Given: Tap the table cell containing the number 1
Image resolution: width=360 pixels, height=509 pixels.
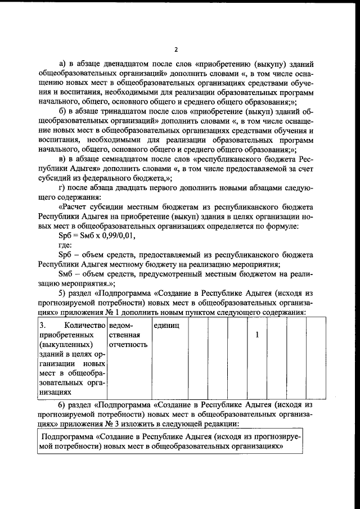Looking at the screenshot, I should click(257, 335).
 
